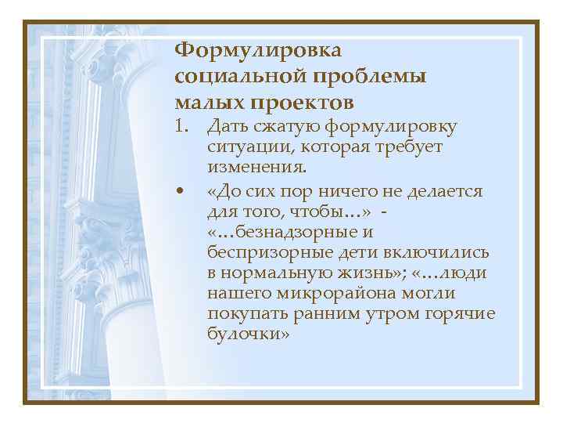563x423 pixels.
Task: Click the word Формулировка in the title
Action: pos(258,51)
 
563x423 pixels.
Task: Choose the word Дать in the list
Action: pos(225,126)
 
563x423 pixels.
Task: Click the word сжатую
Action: pos(275,126)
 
